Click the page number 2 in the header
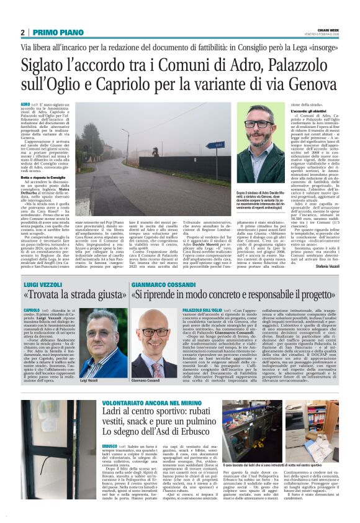pos(22,32)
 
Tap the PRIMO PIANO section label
pos(49,32)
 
